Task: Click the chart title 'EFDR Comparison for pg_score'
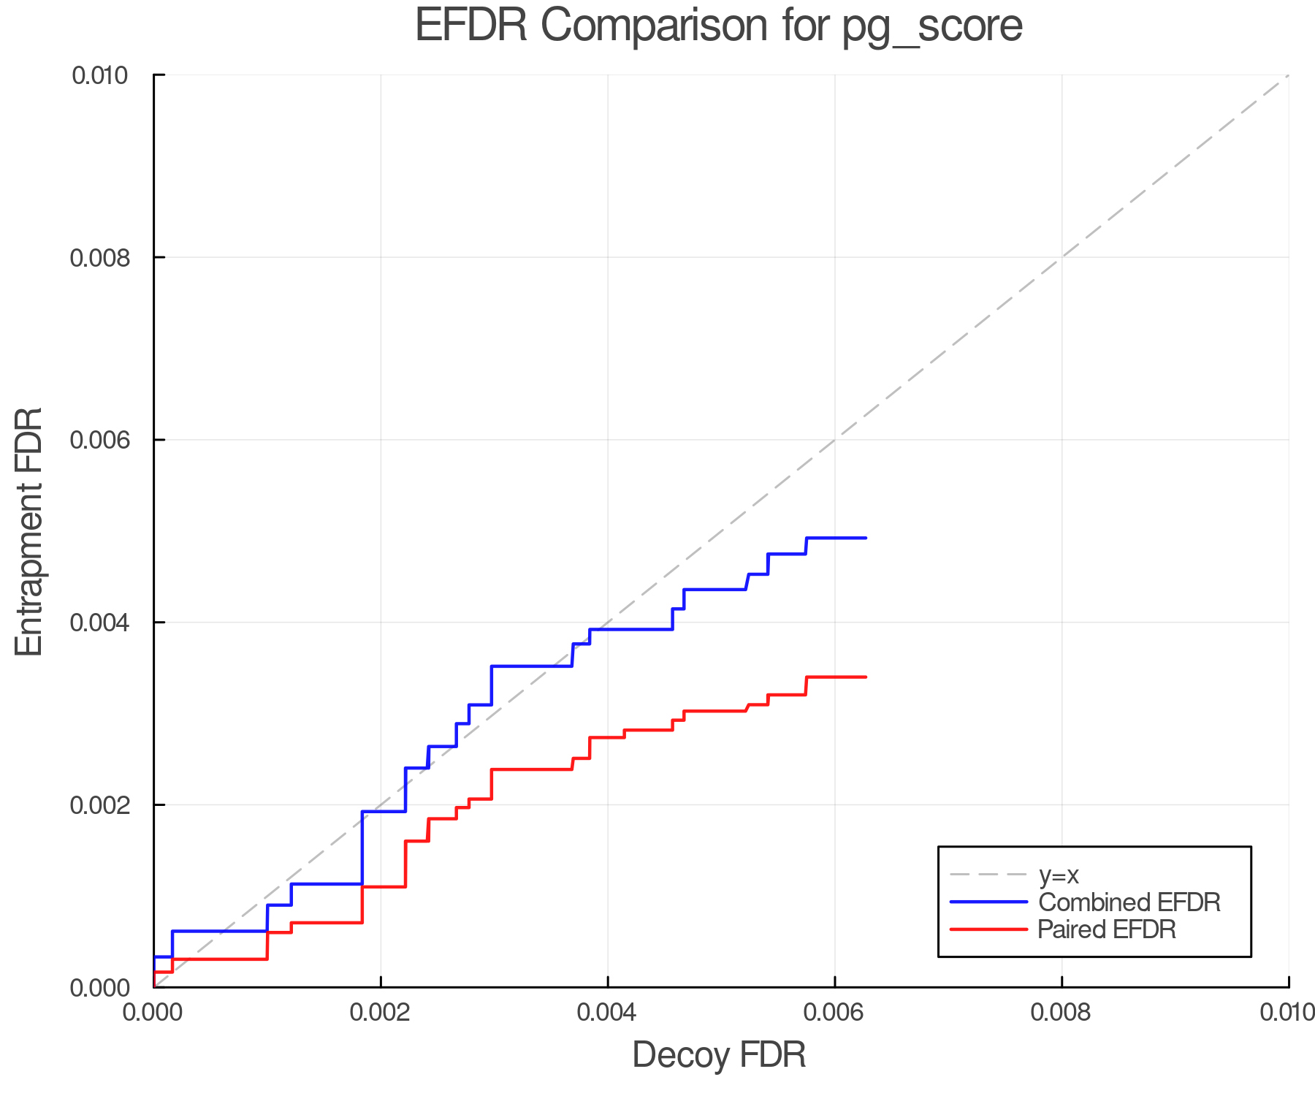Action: click(719, 26)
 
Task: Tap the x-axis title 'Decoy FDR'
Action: click(719, 1054)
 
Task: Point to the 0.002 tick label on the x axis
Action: click(381, 1012)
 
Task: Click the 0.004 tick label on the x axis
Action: click(608, 1012)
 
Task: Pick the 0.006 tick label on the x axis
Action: click(835, 1012)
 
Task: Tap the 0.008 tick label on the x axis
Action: click(1062, 1012)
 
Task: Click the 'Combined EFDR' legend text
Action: click(1129, 902)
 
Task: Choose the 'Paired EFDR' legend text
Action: click(1107, 929)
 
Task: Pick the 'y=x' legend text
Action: click(1059, 875)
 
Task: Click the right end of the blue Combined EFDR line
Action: click(866, 538)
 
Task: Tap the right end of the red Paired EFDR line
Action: click(866, 677)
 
